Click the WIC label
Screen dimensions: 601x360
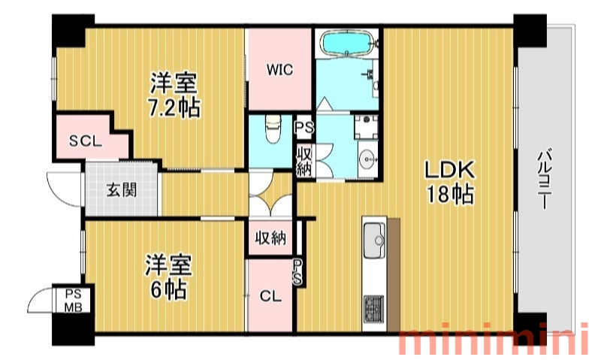click(x=279, y=70)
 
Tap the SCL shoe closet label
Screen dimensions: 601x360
click(x=86, y=141)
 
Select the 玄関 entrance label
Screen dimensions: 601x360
click(x=122, y=190)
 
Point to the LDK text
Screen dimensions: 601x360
click(x=449, y=169)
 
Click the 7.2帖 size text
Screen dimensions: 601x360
click(x=174, y=107)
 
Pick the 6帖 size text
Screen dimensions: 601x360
click(x=168, y=290)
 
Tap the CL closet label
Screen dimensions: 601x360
click(x=270, y=296)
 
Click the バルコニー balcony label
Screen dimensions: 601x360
click(x=544, y=179)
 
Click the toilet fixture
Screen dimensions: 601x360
click(x=273, y=129)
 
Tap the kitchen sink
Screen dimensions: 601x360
click(x=374, y=240)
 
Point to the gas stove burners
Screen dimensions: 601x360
click(x=373, y=309)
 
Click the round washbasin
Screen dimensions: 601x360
click(x=368, y=158)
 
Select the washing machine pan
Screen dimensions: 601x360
click(x=366, y=127)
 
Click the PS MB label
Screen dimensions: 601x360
click(x=73, y=301)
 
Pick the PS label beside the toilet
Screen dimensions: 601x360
click(x=305, y=127)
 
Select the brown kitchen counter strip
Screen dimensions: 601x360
click(x=394, y=274)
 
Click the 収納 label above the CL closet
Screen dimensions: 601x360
click(x=270, y=238)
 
